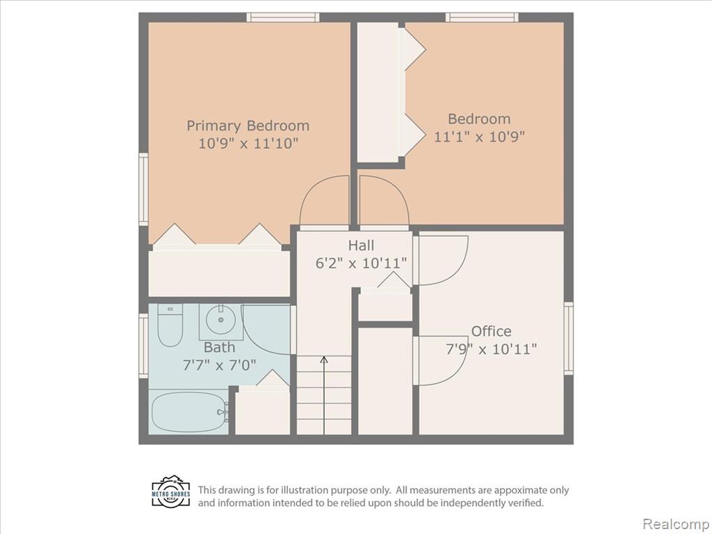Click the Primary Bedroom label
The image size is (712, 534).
(x=248, y=126)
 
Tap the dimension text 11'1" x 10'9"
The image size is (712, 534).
(x=479, y=136)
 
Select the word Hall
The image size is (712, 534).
(x=361, y=245)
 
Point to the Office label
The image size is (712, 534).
(x=491, y=331)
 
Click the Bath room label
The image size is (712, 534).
(x=219, y=348)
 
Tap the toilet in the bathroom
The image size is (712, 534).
(x=170, y=325)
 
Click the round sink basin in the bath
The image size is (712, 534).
(x=220, y=320)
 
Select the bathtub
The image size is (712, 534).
(x=188, y=412)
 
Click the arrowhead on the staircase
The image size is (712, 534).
(x=324, y=359)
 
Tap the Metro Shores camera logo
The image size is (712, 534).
(x=171, y=492)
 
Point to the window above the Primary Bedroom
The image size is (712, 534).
(x=283, y=17)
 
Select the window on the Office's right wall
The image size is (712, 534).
(x=569, y=339)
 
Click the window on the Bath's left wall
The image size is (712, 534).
(x=143, y=346)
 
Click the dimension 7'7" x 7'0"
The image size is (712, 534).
(x=219, y=365)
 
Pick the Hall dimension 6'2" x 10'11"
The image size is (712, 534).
(x=361, y=264)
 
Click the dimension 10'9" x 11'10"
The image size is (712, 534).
(x=248, y=143)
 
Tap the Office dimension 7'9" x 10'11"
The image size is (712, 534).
(x=491, y=349)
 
